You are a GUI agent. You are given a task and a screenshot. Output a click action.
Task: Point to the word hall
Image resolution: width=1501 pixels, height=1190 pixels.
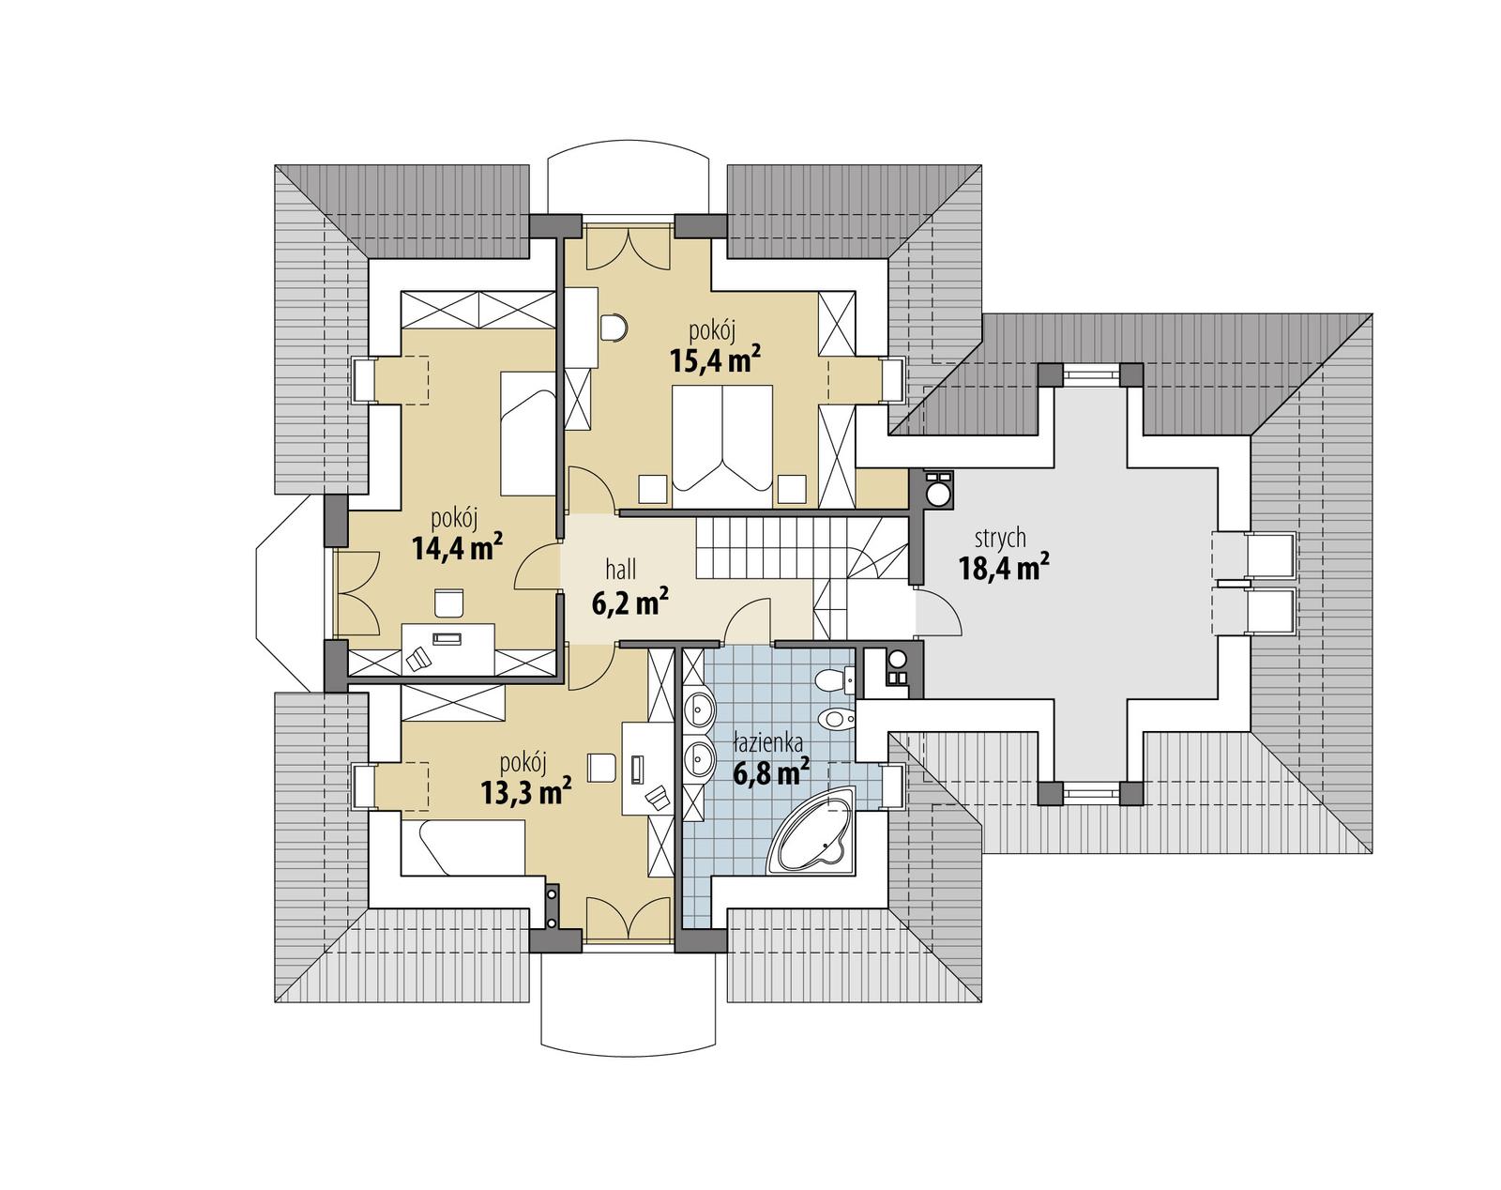coord(620,569)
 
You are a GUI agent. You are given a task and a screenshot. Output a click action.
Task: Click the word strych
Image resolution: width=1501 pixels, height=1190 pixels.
coord(1000,539)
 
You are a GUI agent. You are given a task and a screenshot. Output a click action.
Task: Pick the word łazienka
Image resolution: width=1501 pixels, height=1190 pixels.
coord(767,743)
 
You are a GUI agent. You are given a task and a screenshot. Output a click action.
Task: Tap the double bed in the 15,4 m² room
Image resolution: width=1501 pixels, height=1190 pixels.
coord(721,436)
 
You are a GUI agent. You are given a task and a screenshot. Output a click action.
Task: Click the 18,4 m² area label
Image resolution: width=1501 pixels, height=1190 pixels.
coord(1003,568)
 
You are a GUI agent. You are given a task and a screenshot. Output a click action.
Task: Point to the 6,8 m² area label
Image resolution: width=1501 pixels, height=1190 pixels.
coord(771,772)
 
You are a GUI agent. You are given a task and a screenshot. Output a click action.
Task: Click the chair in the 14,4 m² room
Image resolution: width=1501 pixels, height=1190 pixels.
coord(448,603)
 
